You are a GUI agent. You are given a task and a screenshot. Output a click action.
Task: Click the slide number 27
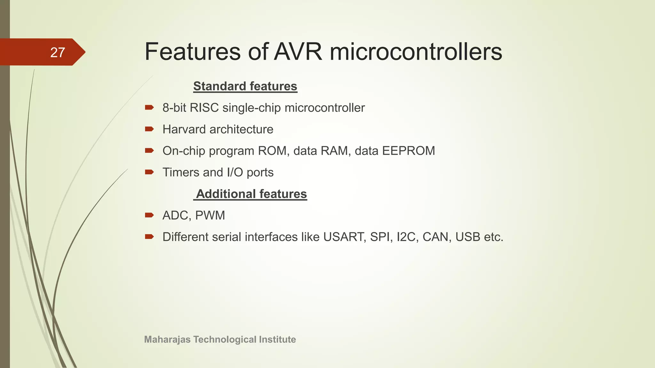pyautogui.click(x=58, y=52)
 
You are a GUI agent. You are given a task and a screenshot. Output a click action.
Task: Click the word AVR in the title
pyautogui.click(x=298, y=52)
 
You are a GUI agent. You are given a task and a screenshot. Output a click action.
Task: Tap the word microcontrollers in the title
pyautogui.click(x=416, y=52)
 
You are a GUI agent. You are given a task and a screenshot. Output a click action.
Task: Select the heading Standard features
pyautogui.click(x=245, y=86)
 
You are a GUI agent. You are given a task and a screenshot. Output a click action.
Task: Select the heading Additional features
pyautogui.click(x=251, y=194)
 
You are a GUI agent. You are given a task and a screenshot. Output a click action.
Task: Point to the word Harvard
pyautogui.click(x=184, y=129)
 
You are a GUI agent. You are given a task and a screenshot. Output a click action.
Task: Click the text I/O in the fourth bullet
pyautogui.click(x=235, y=172)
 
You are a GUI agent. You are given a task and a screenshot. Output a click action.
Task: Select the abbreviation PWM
pyautogui.click(x=210, y=215)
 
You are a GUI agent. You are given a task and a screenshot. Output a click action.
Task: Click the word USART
pyautogui.click(x=344, y=237)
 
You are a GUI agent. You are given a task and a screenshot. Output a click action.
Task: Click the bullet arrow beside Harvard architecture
pyautogui.click(x=149, y=129)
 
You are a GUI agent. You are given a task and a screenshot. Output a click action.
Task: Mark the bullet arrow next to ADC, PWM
pyautogui.click(x=149, y=215)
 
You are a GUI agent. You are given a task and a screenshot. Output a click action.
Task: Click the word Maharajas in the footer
pyautogui.click(x=167, y=339)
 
